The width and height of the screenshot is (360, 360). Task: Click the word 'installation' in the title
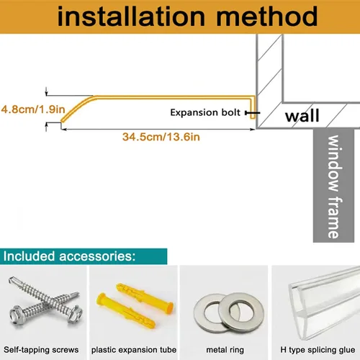(131, 17)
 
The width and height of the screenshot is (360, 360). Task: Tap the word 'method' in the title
(267, 17)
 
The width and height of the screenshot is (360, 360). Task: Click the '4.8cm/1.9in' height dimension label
(33, 109)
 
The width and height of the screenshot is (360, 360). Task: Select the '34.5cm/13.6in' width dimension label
(161, 137)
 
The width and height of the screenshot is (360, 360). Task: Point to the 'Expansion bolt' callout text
(205, 112)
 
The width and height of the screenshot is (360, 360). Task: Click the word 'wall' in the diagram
(302, 116)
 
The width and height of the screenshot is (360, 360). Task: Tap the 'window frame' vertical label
(333, 186)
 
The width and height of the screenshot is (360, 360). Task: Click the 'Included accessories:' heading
(69, 256)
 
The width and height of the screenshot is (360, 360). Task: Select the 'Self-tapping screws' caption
(41, 350)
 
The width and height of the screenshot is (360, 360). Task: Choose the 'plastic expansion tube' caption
(134, 350)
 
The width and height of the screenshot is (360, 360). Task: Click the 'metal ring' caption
(225, 350)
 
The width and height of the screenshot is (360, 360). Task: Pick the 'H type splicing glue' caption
(318, 350)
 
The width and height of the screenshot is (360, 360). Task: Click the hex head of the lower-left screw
(17, 315)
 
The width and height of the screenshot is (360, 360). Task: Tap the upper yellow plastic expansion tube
(145, 297)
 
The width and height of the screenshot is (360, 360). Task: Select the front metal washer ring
(241, 312)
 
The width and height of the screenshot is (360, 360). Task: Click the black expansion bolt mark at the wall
(253, 112)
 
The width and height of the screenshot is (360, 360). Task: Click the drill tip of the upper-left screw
(11, 279)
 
